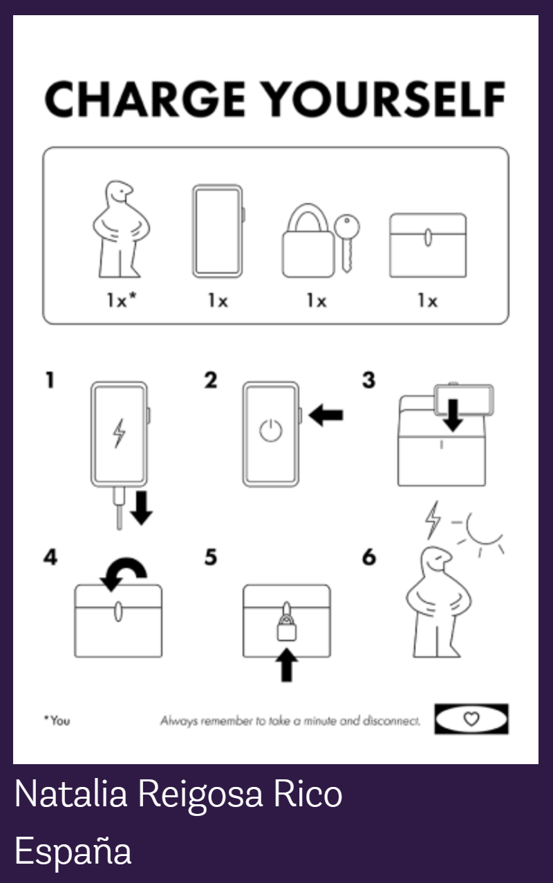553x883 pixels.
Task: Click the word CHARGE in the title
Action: click(145, 99)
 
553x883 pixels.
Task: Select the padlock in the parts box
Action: click(308, 240)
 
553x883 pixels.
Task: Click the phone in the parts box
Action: click(218, 231)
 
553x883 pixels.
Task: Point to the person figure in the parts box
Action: click(121, 229)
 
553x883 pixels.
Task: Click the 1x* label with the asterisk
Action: click(122, 301)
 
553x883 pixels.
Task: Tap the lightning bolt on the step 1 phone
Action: click(119, 433)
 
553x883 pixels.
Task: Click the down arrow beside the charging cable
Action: click(141, 508)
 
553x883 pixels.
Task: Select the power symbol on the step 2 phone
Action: click(270, 430)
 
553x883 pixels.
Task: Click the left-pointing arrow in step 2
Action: click(326, 415)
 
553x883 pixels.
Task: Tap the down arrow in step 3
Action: click(453, 415)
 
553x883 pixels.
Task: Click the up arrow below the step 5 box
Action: click(287, 665)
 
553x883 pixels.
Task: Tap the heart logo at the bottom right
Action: click(471, 719)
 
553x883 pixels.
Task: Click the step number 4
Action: click(50, 558)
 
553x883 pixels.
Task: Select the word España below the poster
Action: click(73, 851)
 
